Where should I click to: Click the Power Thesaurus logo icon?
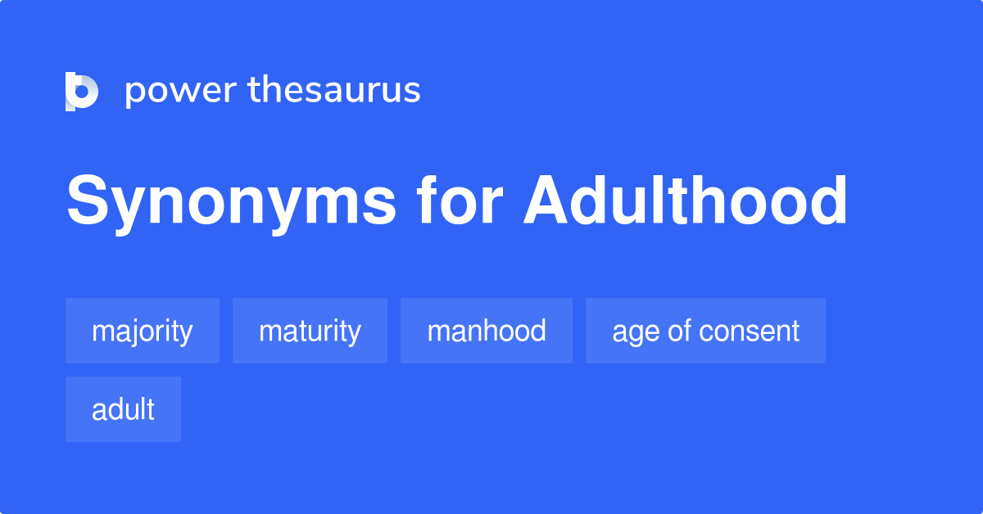[82, 91]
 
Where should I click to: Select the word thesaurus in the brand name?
[334, 91]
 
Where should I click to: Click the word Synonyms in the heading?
[231, 202]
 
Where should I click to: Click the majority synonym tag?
[143, 331]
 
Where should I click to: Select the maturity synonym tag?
[310, 331]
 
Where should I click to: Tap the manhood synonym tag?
[487, 331]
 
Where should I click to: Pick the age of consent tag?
[705, 331]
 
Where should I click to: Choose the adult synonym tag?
[123, 409]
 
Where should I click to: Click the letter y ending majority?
[187, 334]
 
